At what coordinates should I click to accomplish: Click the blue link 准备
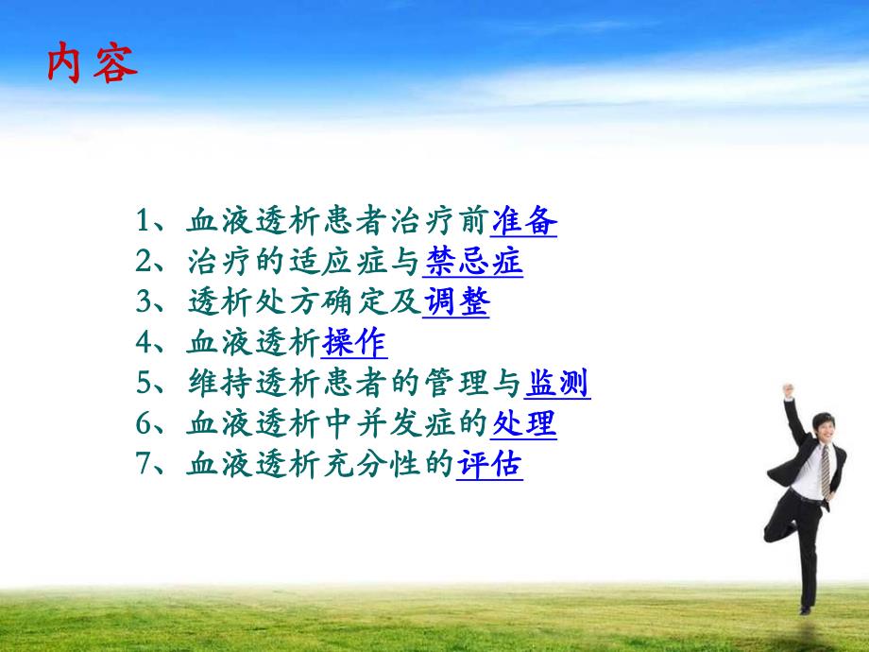click(x=524, y=222)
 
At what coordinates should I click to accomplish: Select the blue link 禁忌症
click(x=473, y=263)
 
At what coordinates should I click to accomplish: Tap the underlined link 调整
click(x=456, y=302)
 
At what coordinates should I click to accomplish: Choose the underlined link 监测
click(x=557, y=384)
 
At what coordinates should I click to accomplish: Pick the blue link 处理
click(x=524, y=424)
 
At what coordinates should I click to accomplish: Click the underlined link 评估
click(x=490, y=465)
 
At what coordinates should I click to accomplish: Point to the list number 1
click(x=144, y=223)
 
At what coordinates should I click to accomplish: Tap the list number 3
click(x=144, y=303)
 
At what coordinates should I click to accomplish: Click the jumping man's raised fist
click(x=786, y=389)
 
